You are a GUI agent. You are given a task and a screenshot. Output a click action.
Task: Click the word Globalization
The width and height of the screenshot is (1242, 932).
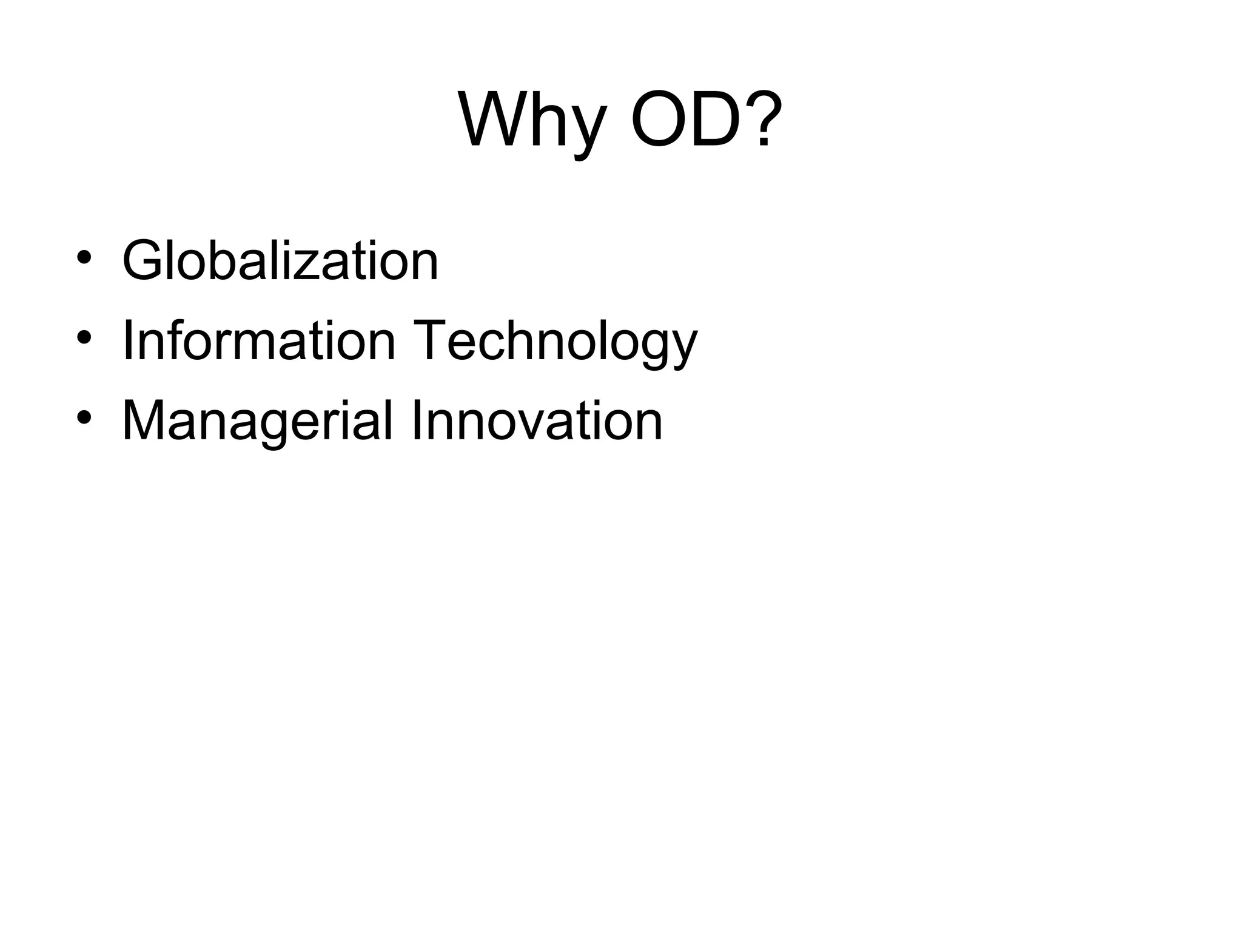(x=280, y=261)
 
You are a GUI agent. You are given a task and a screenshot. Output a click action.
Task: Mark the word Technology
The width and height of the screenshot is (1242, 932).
(x=555, y=343)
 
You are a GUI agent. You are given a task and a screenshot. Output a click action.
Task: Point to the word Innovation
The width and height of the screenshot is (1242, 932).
(x=537, y=421)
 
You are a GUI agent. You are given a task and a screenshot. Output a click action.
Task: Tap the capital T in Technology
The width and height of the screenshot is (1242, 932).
(x=432, y=341)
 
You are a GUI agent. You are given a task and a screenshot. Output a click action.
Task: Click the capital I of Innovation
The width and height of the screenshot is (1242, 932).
(x=416, y=421)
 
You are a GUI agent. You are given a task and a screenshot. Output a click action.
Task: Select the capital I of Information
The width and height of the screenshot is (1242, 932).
(x=127, y=341)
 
